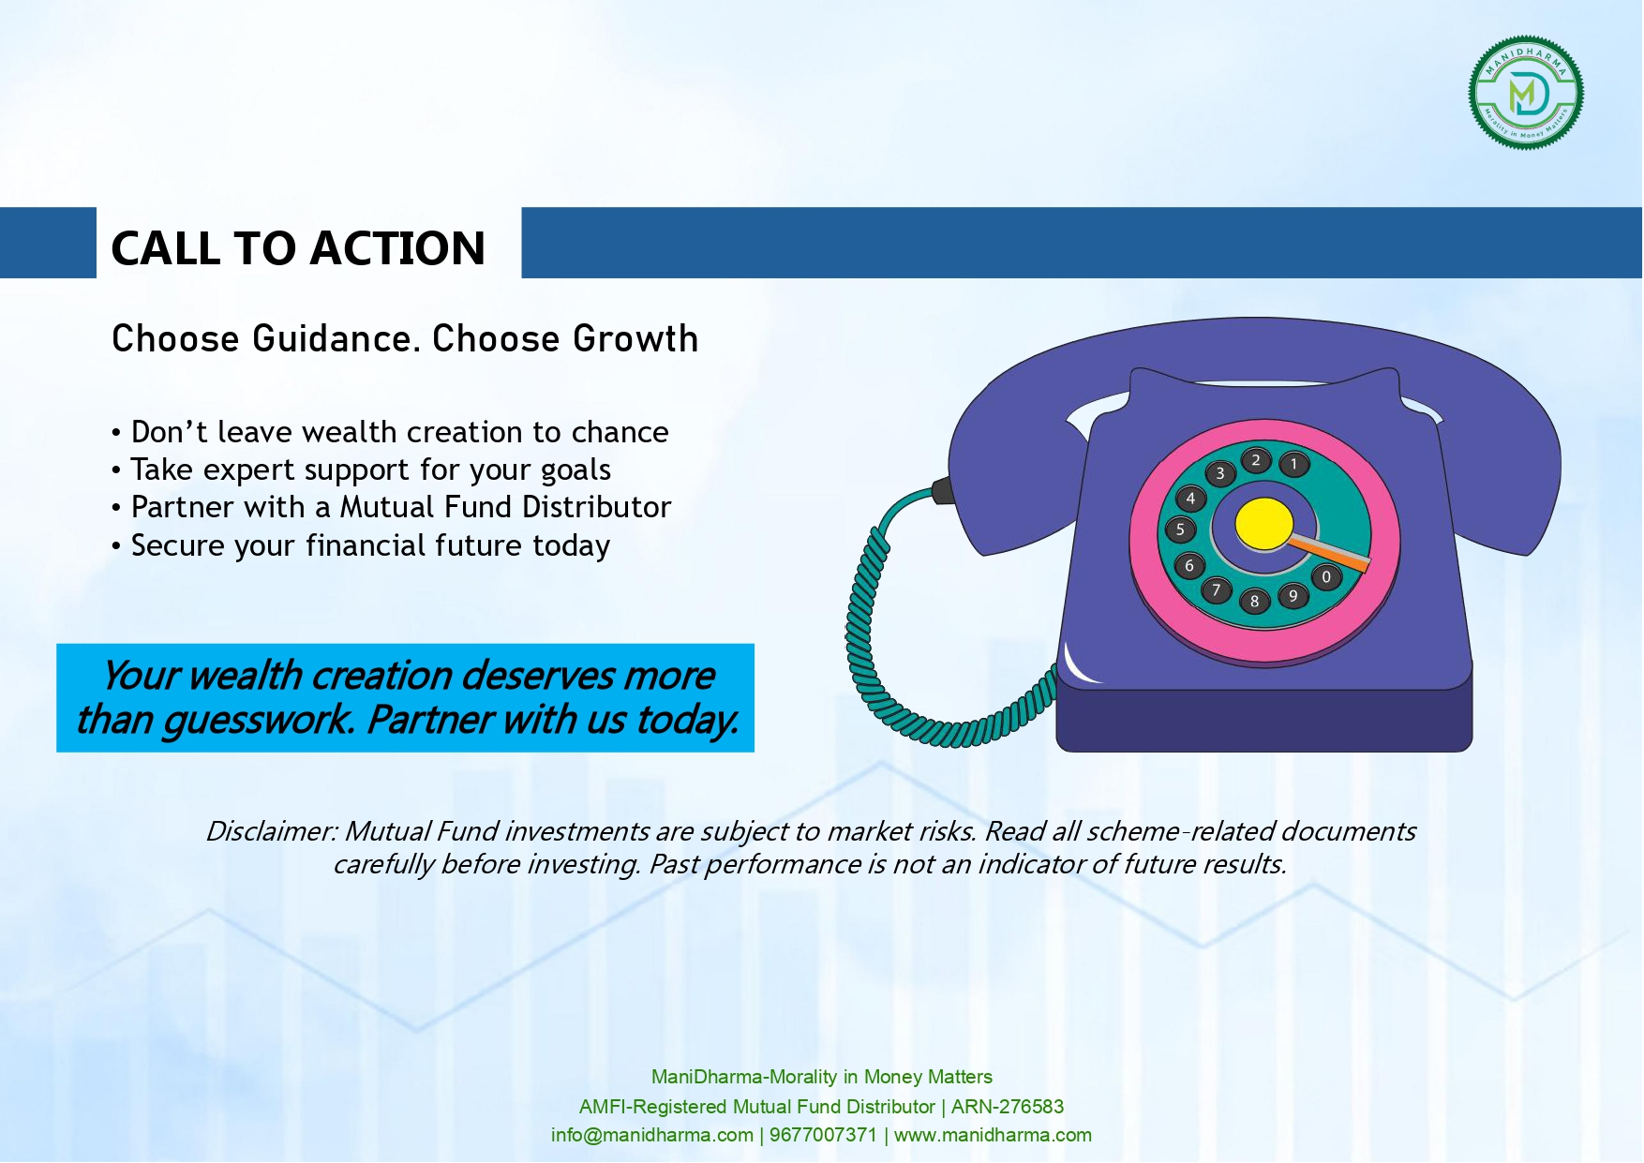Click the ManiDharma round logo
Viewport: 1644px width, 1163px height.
click(x=1526, y=93)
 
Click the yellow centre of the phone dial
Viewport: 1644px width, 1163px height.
click(x=1263, y=524)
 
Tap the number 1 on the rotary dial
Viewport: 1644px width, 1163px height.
click(x=1294, y=464)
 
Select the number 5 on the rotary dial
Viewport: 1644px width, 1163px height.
click(x=1180, y=529)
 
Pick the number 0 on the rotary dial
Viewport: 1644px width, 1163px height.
click(x=1325, y=577)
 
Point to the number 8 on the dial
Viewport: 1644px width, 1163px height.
click(x=1254, y=602)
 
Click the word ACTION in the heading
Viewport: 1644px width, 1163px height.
click(x=397, y=248)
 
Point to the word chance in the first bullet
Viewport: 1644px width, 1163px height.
click(x=620, y=432)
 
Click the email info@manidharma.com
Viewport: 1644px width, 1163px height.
click(x=652, y=1135)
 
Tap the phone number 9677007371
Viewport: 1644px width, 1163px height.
click(x=823, y=1135)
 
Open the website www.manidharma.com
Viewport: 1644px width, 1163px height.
click(x=993, y=1135)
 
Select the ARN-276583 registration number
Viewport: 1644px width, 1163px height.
click(x=1008, y=1107)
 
